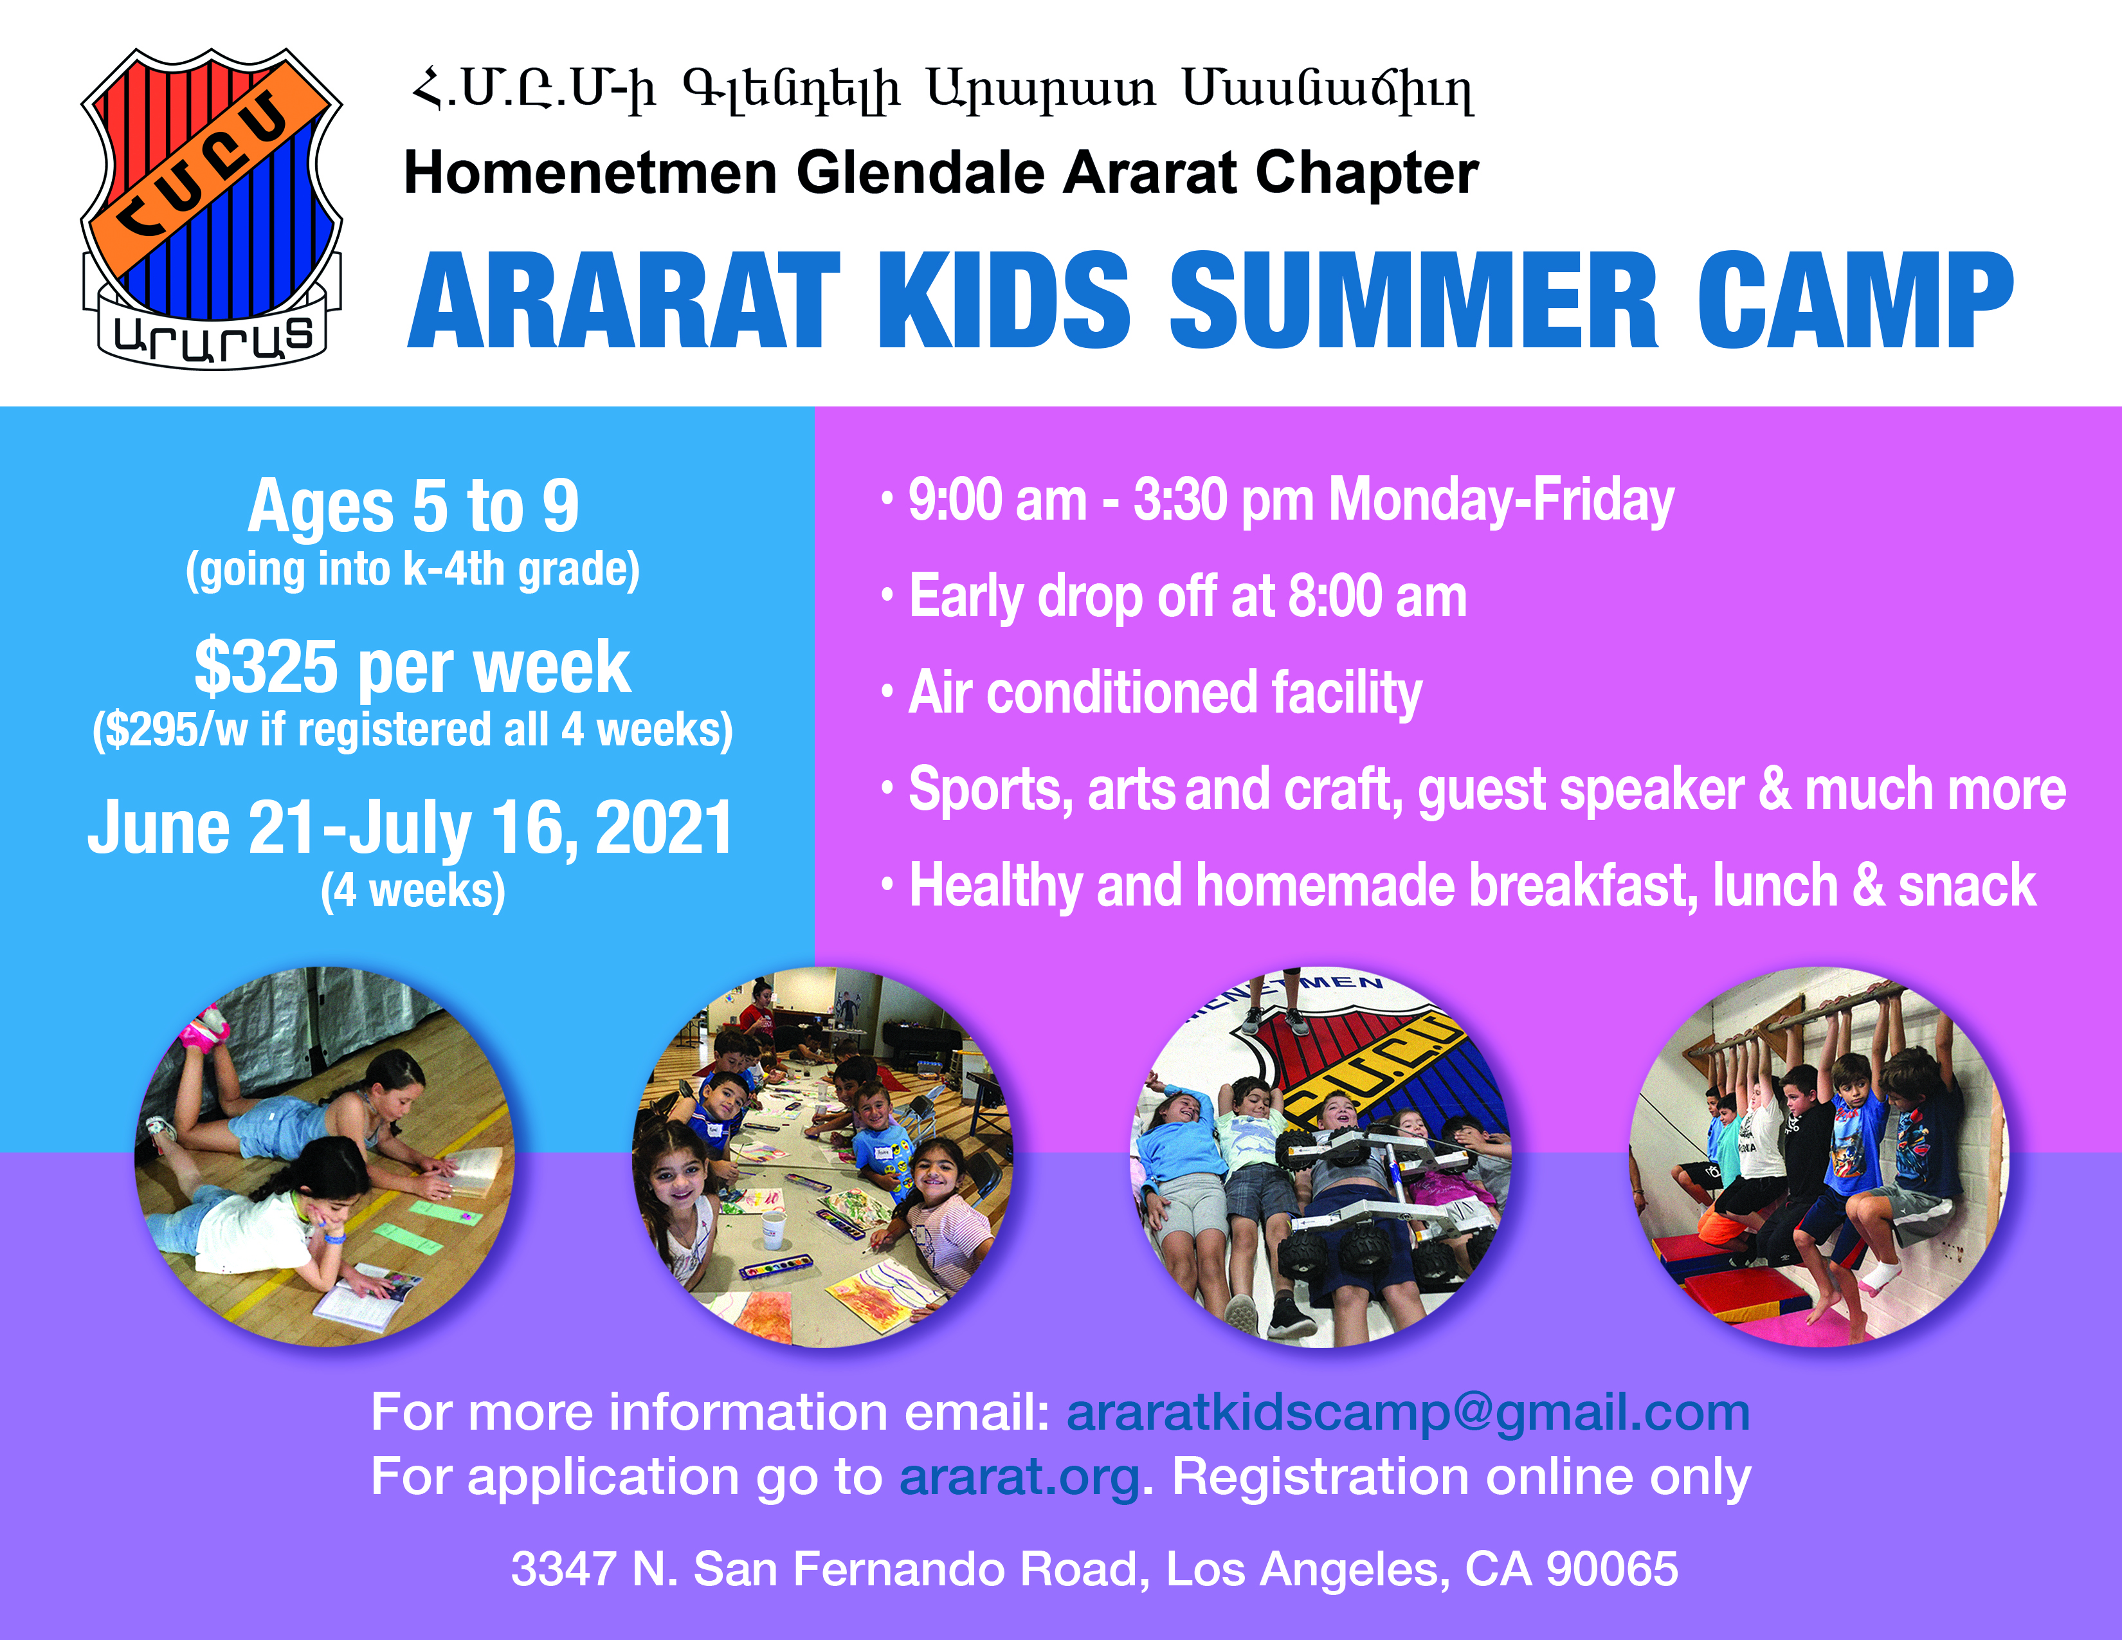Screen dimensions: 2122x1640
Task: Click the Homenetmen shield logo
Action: (x=212, y=209)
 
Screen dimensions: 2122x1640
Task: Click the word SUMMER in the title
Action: (x=1413, y=300)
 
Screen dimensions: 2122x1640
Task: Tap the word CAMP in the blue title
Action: (x=1856, y=300)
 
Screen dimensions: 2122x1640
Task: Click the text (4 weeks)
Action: (x=413, y=891)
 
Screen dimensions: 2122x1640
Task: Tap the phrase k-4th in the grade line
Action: (x=454, y=569)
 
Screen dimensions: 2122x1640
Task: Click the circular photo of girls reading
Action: (x=325, y=1156)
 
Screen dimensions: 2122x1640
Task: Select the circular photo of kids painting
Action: (x=822, y=1156)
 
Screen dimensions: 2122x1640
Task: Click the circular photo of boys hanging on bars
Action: (x=1818, y=1156)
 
